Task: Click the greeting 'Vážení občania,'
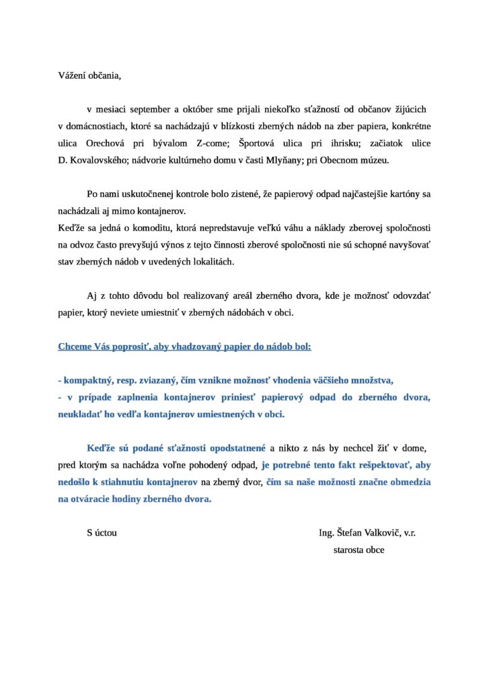89,75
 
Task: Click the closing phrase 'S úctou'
102,532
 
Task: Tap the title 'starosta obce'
359,549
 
